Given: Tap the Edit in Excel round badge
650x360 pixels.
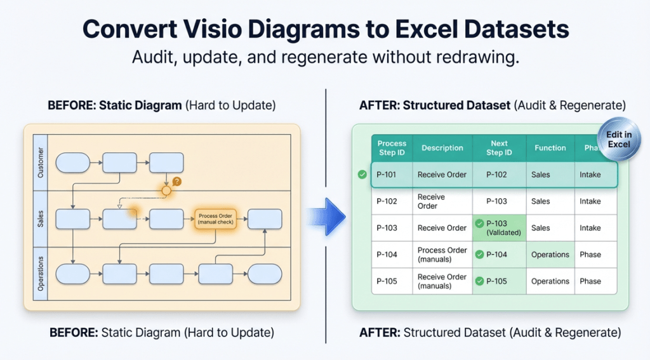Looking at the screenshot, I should pyautogui.click(x=618, y=139).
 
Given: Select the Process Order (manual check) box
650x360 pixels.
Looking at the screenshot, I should pyautogui.click(x=215, y=219).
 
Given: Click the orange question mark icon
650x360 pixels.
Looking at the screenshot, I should pyautogui.click(x=177, y=182).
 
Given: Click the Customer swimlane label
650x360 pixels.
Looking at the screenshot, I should pyautogui.click(x=41, y=162).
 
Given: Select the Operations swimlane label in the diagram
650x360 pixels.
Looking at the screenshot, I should pyautogui.click(x=41, y=273).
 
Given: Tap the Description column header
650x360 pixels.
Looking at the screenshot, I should pyautogui.click(x=442, y=148).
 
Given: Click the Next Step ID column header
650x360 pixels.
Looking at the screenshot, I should pyautogui.click(x=499, y=148).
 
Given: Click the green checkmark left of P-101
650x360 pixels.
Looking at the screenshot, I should pyautogui.click(x=362, y=175).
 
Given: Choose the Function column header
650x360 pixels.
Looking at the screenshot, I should pyautogui.click(x=550, y=148).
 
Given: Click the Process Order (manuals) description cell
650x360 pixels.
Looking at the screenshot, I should pyautogui.click(x=442, y=255).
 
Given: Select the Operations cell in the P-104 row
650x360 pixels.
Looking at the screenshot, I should pyautogui.click(x=550, y=255).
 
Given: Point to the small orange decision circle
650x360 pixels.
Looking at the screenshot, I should pyautogui.click(x=166, y=190).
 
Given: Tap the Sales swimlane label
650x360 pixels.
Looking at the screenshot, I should pyautogui.click(x=41, y=219).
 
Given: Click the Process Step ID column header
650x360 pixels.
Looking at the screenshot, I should pyautogui.click(x=392, y=148).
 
